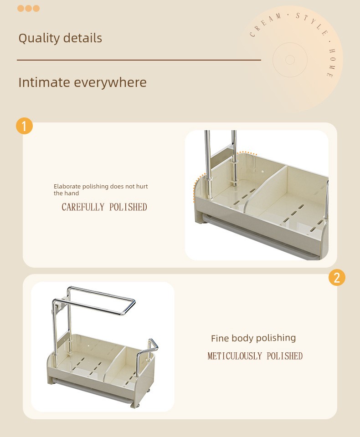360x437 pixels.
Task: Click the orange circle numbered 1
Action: click(x=24, y=126)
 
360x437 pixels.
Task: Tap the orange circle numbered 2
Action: click(x=337, y=278)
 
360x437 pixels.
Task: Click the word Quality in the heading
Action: click(x=39, y=38)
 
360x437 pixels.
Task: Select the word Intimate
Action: click(x=44, y=82)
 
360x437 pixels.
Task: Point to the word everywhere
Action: click(x=110, y=82)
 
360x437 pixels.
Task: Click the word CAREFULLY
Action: click(x=83, y=207)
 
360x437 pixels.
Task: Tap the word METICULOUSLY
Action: click(x=235, y=356)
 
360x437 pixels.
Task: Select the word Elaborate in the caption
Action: click(x=67, y=186)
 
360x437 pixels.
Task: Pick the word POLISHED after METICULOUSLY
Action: click(x=285, y=356)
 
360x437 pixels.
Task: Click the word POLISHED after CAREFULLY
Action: click(x=128, y=207)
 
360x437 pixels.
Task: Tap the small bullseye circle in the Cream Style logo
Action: click(x=290, y=60)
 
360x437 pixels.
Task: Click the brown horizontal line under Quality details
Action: click(x=139, y=60)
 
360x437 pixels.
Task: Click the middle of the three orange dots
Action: click(x=28, y=8)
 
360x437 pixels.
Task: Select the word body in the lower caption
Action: click(x=242, y=338)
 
